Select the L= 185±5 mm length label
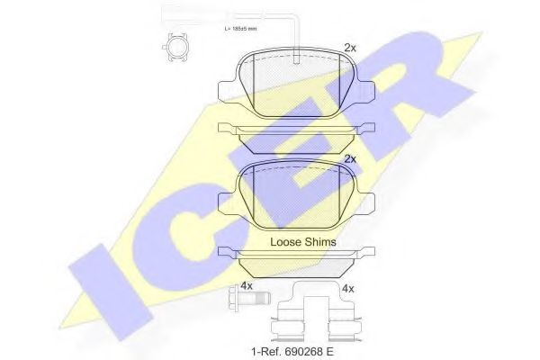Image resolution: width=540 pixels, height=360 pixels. (240, 29)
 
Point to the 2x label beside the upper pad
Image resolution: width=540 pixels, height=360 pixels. (350, 48)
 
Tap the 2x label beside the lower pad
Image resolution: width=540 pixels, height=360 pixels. (350, 159)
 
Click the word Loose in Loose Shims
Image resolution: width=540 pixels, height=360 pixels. (288, 242)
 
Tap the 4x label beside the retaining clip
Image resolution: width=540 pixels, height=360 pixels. (348, 289)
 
